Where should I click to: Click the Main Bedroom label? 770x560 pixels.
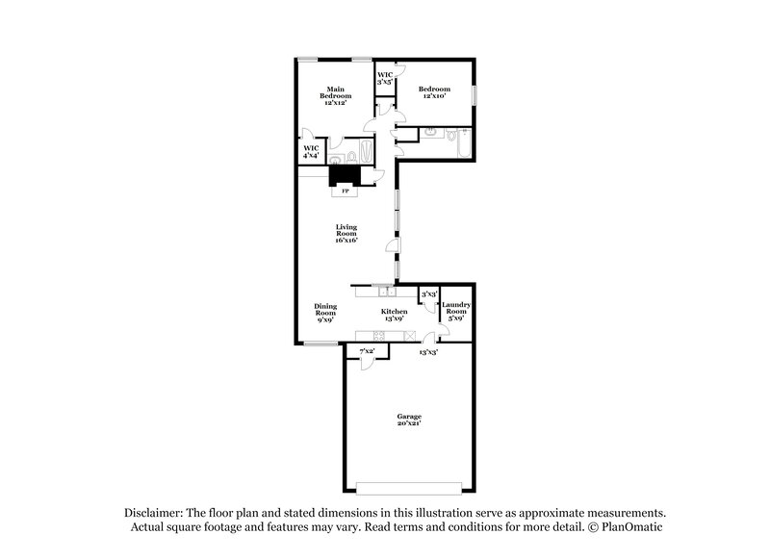coord(336,93)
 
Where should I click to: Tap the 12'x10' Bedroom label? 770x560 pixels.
coord(434,92)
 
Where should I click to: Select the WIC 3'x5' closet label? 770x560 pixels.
coord(384,78)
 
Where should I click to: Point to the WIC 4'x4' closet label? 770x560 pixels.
coord(310,152)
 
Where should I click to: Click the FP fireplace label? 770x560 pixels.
coord(346,191)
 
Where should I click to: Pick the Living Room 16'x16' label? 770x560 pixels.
coord(346,235)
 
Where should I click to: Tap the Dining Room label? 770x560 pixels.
coord(325,312)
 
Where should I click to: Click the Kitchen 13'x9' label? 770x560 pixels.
coord(395,315)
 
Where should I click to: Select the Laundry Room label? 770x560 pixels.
coord(457,311)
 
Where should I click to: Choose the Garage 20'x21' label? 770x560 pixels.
coord(410,420)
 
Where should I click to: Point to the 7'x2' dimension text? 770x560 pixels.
coord(366,352)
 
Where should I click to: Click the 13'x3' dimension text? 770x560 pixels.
coord(428,353)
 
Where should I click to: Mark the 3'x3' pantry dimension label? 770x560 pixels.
coord(429,293)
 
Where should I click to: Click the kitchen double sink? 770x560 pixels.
coord(384,290)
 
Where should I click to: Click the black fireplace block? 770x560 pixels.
coord(345,176)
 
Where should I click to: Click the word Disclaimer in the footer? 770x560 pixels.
coord(152,513)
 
